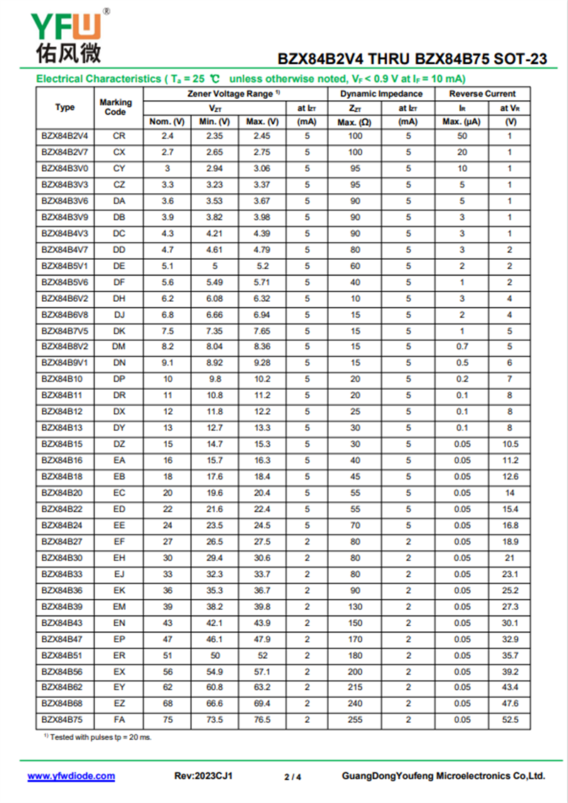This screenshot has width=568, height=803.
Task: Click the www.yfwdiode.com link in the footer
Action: point(71,776)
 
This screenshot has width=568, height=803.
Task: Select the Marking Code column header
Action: point(115,107)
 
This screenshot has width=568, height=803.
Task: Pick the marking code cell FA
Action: point(119,719)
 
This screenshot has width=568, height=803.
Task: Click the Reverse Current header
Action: point(482,94)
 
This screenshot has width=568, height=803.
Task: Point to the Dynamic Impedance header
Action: point(381,94)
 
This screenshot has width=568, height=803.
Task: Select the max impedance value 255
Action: point(355,719)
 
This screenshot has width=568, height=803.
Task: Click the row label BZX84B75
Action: point(62,719)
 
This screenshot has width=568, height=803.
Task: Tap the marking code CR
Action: point(119,136)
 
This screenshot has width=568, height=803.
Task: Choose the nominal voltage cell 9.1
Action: point(167,363)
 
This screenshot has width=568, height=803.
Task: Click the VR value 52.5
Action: point(510,719)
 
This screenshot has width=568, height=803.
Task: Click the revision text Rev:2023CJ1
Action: point(203,776)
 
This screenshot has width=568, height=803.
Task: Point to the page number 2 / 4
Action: point(293,777)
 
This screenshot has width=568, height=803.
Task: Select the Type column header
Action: point(65,107)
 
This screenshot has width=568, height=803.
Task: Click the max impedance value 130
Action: point(355,606)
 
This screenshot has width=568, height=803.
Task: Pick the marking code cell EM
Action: point(119,606)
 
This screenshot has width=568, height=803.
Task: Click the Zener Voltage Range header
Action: point(234,94)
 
